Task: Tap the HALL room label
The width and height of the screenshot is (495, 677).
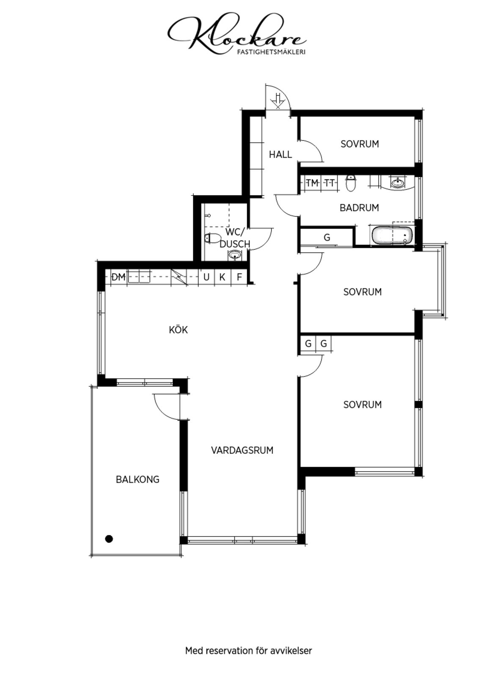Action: [280, 154]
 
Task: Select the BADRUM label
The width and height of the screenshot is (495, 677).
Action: [359, 208]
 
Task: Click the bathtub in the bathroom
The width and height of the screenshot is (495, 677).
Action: [392, 236]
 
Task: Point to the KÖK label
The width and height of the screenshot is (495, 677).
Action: [178, 330]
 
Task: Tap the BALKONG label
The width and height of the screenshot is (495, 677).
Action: [137, 479]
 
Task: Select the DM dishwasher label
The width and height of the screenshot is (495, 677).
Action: [118, 277]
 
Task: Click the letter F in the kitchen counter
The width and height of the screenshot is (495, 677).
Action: [239, 277]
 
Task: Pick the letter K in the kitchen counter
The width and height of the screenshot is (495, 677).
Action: [222, 277]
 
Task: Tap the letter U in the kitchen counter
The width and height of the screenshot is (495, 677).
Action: [206, 277]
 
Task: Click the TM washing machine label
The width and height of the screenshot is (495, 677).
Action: [312, 183]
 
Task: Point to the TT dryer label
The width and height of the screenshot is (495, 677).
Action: [330, 183]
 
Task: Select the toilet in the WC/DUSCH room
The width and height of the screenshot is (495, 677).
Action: [213, 238]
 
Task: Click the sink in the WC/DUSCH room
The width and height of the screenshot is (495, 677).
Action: [234, 256]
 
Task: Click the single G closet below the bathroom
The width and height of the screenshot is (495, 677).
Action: [327, 237]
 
